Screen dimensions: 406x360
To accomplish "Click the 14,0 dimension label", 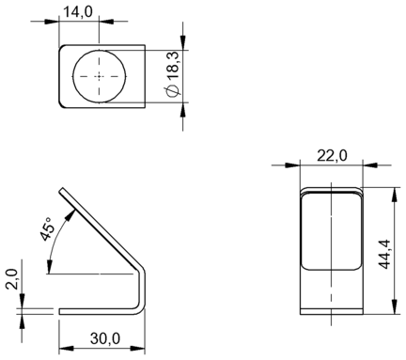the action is [78, 12].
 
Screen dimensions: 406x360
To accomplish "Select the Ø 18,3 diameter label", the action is [173, 74].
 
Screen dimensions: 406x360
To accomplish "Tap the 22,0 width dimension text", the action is [332, 156].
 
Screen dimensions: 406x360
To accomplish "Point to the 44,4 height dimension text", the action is [384, 254].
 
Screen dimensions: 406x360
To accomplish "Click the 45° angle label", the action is [47, 228].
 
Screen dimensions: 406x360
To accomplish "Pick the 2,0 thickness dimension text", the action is [13, 279].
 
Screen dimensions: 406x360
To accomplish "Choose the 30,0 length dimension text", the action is [105, 338].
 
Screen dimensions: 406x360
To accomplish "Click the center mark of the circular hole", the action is [100, 76].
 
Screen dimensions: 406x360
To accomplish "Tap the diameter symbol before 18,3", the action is [173, 91].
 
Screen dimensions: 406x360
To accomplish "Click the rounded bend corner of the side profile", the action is [141, 270].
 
